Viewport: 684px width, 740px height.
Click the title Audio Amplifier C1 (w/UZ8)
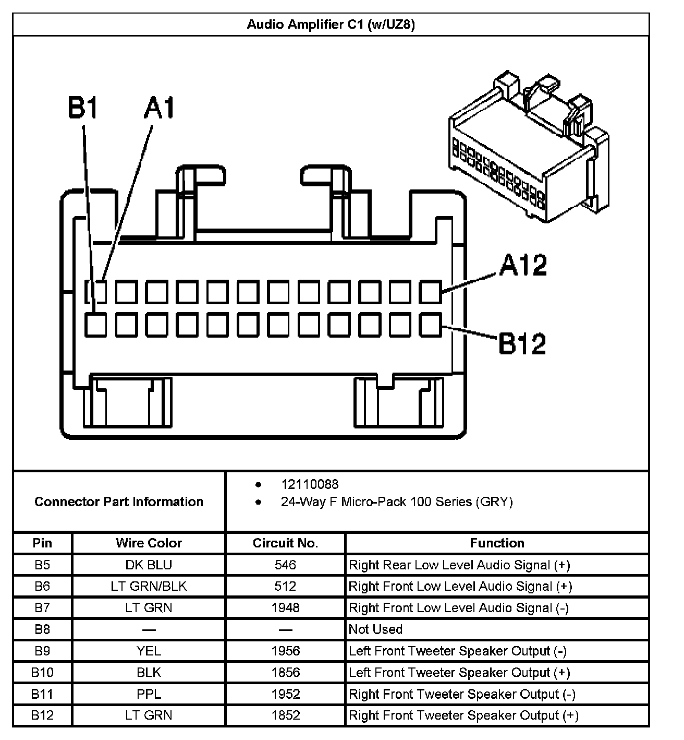click(x=331, y=25)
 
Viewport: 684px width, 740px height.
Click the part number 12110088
click(x=310, y=484)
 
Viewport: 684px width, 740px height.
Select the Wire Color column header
click(x=149, y=543)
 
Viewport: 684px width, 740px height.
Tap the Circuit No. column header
click(x=285, y=543)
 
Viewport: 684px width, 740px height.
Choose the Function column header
click(x=497, y=543)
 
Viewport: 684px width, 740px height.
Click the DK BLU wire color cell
click(x=149, y=565)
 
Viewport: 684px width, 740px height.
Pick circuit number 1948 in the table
click(x=285, y=607)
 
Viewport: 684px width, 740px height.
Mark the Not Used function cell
click(x=375, y=629)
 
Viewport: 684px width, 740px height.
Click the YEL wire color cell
click(x=149, y=651)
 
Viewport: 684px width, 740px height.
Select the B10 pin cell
click(x=42, y=672)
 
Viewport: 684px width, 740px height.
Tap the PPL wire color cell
click(x=149, y=694)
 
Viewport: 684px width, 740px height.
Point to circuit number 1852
click(x=285, y=715)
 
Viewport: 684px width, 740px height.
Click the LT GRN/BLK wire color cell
click(x=149, y=586)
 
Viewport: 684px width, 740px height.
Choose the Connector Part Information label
click(x=119, y=502)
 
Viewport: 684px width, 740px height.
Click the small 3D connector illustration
click(x=528, y=149)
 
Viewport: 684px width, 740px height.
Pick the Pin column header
click(x=42, y=543)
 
